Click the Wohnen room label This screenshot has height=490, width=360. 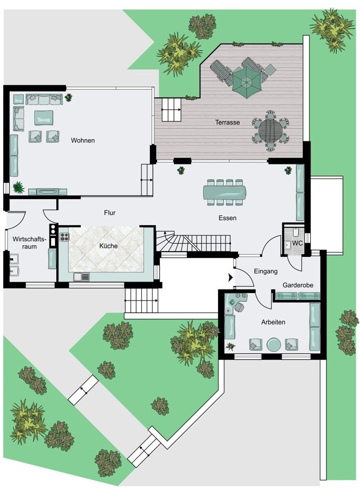point(83,141)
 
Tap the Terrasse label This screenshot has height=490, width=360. point(228,122)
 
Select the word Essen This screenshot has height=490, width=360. point(228,218)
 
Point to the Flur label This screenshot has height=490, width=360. point(110,213)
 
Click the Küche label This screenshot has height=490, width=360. point(109,246)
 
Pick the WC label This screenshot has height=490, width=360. point(297,243)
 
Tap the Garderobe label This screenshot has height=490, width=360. point(298,285)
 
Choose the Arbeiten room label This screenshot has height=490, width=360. point(273,322)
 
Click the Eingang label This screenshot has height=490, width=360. point(265,272)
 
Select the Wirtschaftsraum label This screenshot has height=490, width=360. point(29,243)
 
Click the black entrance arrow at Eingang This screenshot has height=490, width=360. point(231,277)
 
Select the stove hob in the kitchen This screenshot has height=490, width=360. point(64,237)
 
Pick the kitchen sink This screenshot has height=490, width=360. point(81,277)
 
